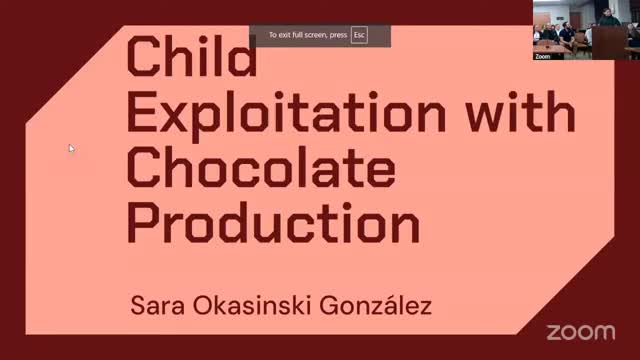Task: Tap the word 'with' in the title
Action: [x=529, y=118]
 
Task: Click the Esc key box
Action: [x=359, y=35]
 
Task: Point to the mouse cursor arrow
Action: [x=71, y=148]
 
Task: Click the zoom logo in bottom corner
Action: [x=583, y=332]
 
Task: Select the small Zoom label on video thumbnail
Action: [x=543, y=57]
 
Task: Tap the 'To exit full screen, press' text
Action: [x=307, y=35]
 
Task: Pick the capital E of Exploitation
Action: [x=141, y=118]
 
